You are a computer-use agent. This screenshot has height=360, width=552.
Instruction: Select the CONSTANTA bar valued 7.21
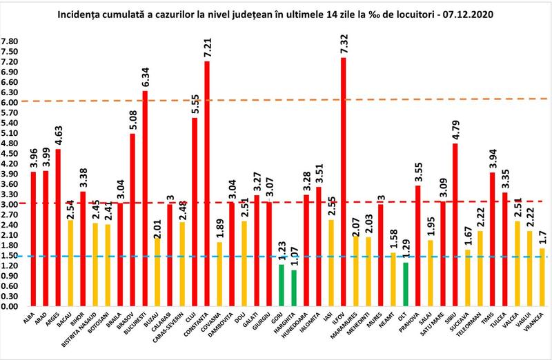tap(206, 183)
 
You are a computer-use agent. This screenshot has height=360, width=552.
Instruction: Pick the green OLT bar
tap(406, 283)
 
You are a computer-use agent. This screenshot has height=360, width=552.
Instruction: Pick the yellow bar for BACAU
tap(70, 263)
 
